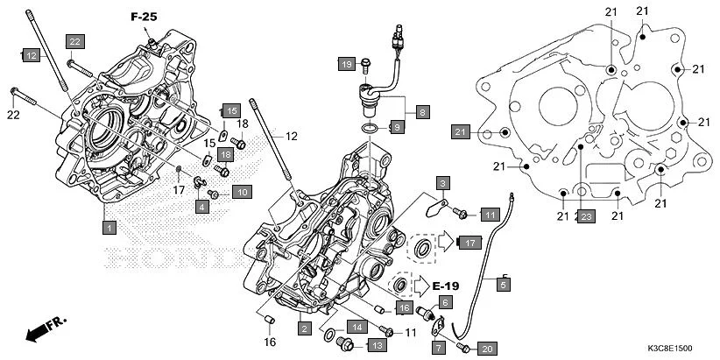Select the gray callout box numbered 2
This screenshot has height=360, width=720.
pos(303,328)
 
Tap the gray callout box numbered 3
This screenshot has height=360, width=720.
pos(444,183)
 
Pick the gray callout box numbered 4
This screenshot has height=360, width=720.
pos(203,207)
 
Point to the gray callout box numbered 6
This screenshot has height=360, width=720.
pos(445,302)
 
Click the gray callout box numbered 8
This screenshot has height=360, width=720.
pos(422,112)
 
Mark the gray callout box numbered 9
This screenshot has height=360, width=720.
pos(396,128)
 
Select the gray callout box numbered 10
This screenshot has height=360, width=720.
pos(240,191)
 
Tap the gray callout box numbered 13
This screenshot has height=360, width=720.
pos(375,346)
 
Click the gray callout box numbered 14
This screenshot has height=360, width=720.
pos(356,327)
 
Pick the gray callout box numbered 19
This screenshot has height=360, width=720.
pos(346,65)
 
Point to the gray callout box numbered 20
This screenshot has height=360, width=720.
pos(488,348)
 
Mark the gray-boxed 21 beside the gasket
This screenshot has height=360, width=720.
pos(462,132)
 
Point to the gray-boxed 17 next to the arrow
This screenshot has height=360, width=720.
pos(469,243)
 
